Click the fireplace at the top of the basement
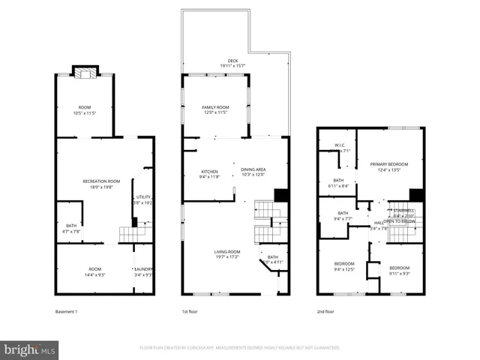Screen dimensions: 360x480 pos(85,73)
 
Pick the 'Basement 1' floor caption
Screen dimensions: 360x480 pos(67,311)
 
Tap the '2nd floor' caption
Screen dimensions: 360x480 pos(325,311)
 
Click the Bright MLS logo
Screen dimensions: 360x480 pos(30,349)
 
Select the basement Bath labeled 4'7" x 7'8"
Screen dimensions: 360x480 pos(71,229)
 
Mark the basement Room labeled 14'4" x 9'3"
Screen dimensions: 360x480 pos(94,271)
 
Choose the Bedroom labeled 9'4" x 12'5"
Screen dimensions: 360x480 pos(344,267)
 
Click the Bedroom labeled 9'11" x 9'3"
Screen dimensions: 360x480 pos(399,270)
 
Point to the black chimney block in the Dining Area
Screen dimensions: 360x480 pos(281,195)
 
